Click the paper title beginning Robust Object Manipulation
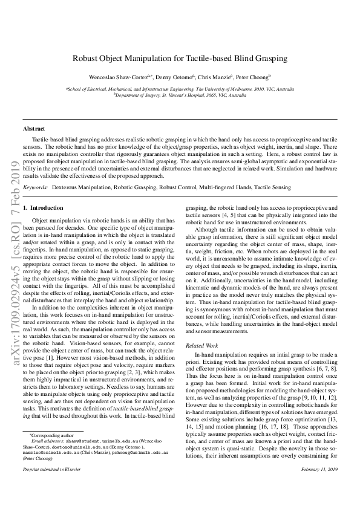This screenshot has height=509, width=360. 180,59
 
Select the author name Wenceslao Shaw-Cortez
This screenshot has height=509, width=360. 114,77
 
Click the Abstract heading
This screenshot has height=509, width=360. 34,129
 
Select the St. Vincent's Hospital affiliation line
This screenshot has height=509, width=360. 180,96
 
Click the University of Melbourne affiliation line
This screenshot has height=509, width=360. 180,89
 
